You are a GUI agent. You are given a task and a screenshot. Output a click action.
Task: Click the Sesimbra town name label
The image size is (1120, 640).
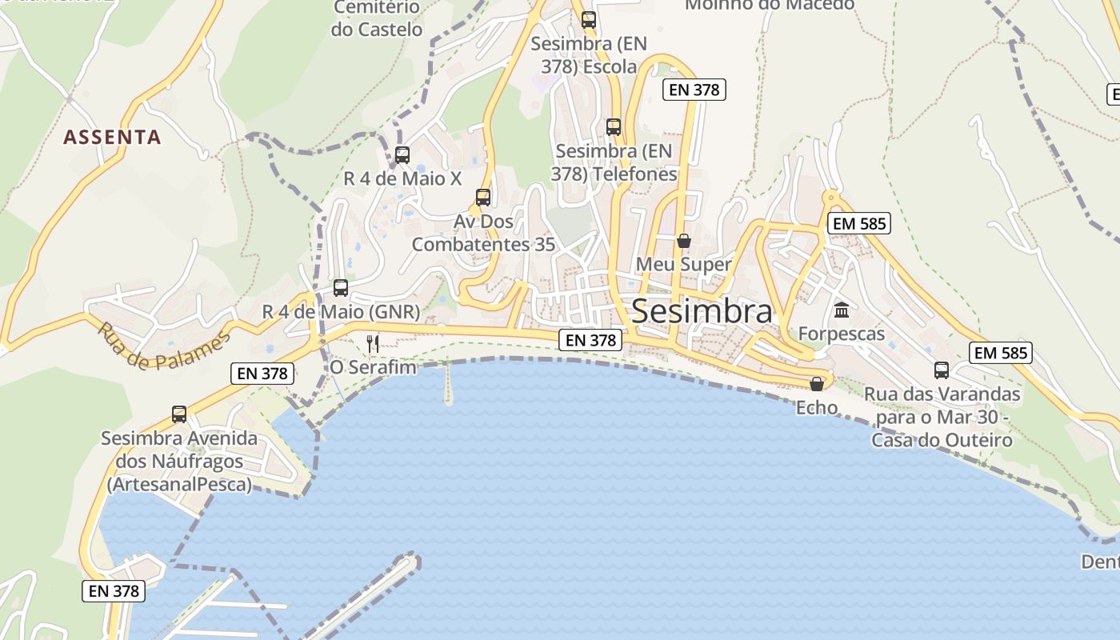point(702,312)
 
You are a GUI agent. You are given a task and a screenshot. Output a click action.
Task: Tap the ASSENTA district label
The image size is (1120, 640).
point(112,138)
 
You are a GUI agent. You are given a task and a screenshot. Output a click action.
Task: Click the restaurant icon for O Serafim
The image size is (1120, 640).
point(372,344)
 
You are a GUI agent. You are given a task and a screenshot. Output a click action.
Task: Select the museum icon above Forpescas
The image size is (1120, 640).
point(842,310)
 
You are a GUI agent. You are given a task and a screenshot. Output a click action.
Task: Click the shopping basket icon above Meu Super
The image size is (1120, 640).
point(683,240)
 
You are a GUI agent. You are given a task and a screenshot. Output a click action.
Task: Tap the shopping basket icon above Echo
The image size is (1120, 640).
point(816,384)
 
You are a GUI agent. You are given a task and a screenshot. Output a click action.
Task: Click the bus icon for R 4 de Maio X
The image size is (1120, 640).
point(402,155)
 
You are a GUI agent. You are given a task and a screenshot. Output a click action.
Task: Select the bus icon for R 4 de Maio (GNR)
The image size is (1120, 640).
point(341,288)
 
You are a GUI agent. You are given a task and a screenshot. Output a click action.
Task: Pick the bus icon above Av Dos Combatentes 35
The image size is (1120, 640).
point(482,197)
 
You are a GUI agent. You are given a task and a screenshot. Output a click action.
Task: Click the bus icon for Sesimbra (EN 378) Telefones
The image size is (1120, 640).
point(613,127)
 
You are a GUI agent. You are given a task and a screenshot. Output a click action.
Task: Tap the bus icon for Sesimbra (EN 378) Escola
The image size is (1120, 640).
point(589,20)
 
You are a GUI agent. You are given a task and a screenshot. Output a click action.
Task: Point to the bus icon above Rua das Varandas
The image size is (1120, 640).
point(942,370)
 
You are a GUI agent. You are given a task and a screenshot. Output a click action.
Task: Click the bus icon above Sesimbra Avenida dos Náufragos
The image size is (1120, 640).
point(179,414)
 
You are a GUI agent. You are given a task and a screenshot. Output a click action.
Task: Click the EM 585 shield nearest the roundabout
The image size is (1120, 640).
point(859,224)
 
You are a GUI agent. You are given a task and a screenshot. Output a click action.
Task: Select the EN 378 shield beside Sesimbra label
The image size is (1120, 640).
point(591,340)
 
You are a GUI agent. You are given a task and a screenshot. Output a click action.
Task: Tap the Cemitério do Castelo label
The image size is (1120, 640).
point(377,18)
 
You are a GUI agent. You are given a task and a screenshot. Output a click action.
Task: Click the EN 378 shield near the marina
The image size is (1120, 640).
point(114,591)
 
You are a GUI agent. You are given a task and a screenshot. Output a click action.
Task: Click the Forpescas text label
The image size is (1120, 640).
point(842,334)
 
